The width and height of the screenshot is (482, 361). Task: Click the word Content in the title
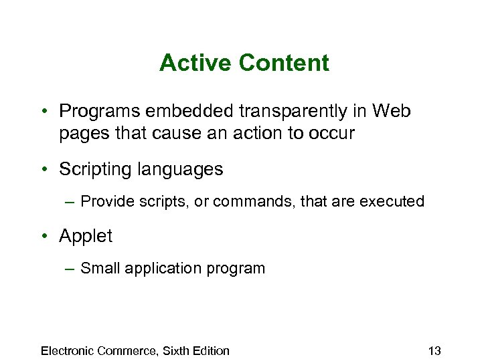(283, 64)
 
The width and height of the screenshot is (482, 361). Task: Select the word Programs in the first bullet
(99, 111)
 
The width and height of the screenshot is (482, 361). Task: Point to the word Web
(391, 111)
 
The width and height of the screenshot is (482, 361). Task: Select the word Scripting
(96, 170)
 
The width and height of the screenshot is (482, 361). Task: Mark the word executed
(394, 201)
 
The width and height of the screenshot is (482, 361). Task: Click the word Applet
(86, 236)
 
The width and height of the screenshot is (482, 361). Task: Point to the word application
(156, 268)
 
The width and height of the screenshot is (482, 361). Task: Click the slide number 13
(434, 350)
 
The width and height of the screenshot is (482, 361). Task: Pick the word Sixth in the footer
(174, 350)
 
